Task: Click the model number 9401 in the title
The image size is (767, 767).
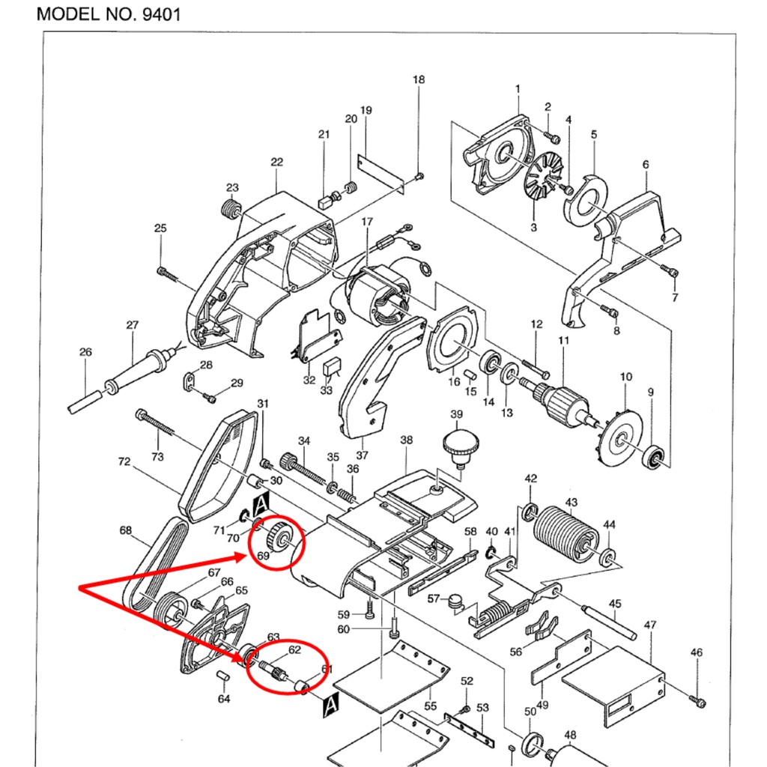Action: pos(162,13)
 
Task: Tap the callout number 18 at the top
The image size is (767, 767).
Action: pos(419,79)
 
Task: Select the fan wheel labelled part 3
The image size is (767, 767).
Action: pos(544,178)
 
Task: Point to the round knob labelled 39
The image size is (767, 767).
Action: pos(461,446)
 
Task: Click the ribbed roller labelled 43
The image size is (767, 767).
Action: pos(566,534)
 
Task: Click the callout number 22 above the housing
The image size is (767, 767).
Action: pos(277,162)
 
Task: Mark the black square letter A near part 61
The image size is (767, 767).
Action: pos(330,704)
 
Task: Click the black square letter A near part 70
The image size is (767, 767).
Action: pos(262,504)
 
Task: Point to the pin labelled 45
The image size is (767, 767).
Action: pos(609,622)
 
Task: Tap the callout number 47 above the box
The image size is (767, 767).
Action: pos(649,625)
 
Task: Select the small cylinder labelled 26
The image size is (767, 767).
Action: pos(85,402)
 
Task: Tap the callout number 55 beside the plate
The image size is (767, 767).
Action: pos(431,706)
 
